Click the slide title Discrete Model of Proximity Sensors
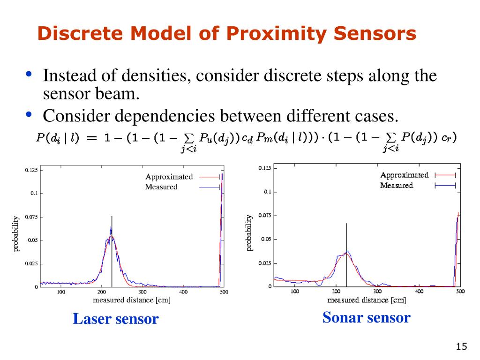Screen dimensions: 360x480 [227, 34]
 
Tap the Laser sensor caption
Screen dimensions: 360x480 [116, 319]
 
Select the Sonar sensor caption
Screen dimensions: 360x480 [366, 318]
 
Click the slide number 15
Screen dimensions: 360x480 [461, 346]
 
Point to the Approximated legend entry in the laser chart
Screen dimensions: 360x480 [169, 177]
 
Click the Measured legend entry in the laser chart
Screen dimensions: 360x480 [161, 187]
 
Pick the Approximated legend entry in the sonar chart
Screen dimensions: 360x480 [404, 175]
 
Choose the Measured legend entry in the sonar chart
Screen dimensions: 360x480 [397, 185]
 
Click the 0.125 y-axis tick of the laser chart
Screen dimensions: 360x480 [31, 170]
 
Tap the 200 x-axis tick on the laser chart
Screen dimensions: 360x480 [102, 292]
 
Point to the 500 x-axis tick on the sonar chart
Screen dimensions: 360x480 [460, 291]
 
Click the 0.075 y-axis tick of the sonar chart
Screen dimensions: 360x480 [265, 216]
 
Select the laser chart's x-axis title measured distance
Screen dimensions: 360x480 [131, 300]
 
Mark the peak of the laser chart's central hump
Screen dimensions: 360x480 [111, 228]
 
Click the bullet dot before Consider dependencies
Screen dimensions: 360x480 [29, 113]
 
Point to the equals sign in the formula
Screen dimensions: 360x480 [92, 138]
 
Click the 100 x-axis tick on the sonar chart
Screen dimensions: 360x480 [294, 291]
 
